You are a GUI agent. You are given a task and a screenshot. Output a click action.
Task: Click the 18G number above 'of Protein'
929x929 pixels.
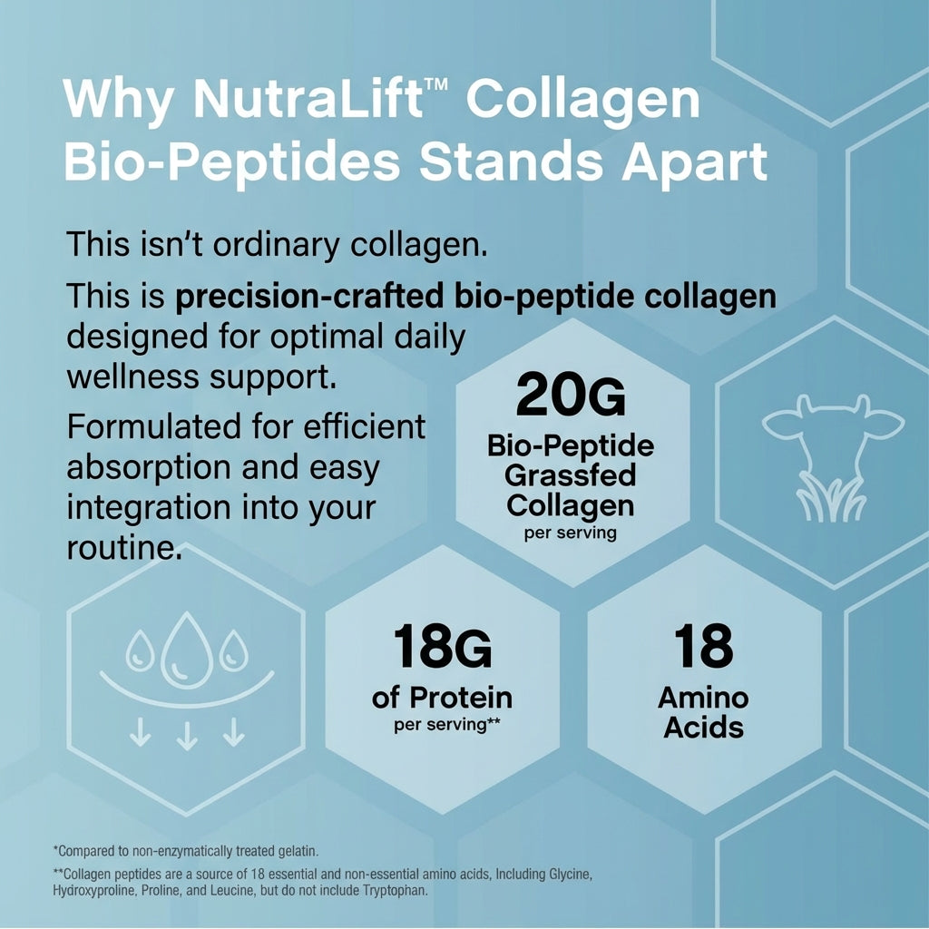point(443,646)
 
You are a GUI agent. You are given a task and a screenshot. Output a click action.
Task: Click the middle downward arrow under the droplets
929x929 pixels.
point(187,732)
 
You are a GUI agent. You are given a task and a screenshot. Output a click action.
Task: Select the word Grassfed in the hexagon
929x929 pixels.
point(571,475)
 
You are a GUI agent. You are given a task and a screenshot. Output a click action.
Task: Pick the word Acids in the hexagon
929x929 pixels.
point(704,728)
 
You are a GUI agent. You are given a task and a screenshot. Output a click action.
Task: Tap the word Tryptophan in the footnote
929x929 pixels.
point(393,891)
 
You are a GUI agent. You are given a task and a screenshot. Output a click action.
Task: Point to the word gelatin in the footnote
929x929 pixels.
point(297,851)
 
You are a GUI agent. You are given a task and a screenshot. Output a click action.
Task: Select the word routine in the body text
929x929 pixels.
point(121,548)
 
